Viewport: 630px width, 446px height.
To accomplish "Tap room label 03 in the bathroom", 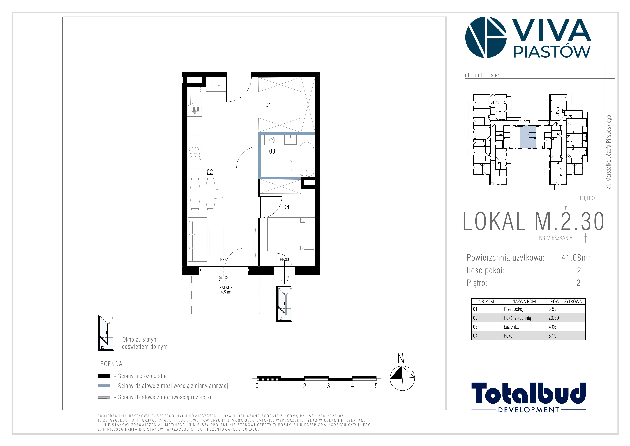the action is click(x=272, y=151).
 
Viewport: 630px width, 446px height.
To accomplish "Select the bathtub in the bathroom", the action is click(x=306, y=159).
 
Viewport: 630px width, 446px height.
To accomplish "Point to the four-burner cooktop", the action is click(x=194, y=153).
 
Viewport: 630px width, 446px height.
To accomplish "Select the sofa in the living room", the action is click(x=198, y=240).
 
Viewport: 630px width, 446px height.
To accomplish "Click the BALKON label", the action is click(x=226, y=288).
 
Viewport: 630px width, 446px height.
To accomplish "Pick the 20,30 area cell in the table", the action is click(x=553, y=318).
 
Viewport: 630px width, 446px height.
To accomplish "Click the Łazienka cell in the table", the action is click(x=511, y=327).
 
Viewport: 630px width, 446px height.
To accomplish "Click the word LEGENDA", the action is click(x=111, y=364).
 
